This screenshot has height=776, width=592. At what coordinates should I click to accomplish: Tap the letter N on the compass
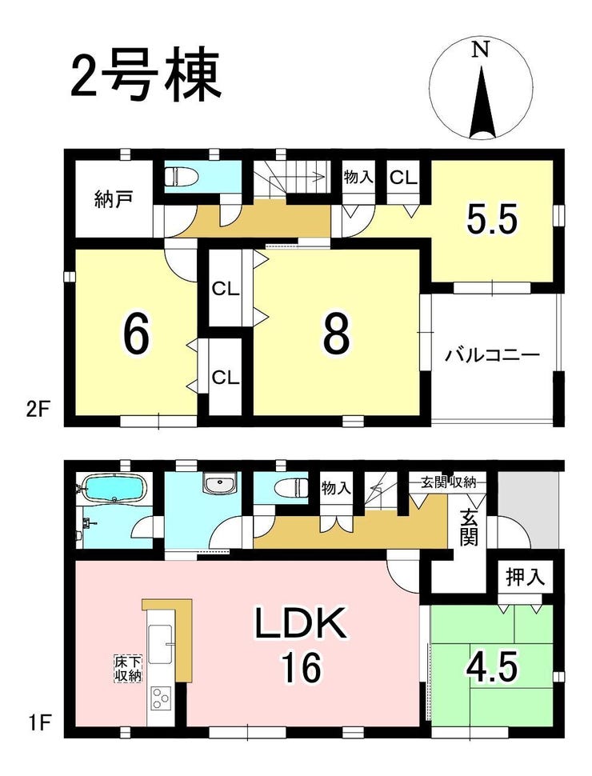coord(481,50)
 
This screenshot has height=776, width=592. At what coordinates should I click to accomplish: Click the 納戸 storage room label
coord(114,202)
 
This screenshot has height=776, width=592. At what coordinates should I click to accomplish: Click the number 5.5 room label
coord(493,218)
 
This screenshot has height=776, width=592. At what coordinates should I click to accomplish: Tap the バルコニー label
coord(490,356)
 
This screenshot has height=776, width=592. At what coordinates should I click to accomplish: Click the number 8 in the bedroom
coord(337,334)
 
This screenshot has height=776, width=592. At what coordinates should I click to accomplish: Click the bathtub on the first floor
coord(114,488)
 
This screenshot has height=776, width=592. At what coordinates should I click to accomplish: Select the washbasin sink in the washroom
coord(220,483)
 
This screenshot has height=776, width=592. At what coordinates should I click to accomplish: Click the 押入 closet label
coord(525,577)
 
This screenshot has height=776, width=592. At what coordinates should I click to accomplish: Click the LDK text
coord(300,623)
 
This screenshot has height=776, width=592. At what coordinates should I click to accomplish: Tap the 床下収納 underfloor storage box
coord(128,669)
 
